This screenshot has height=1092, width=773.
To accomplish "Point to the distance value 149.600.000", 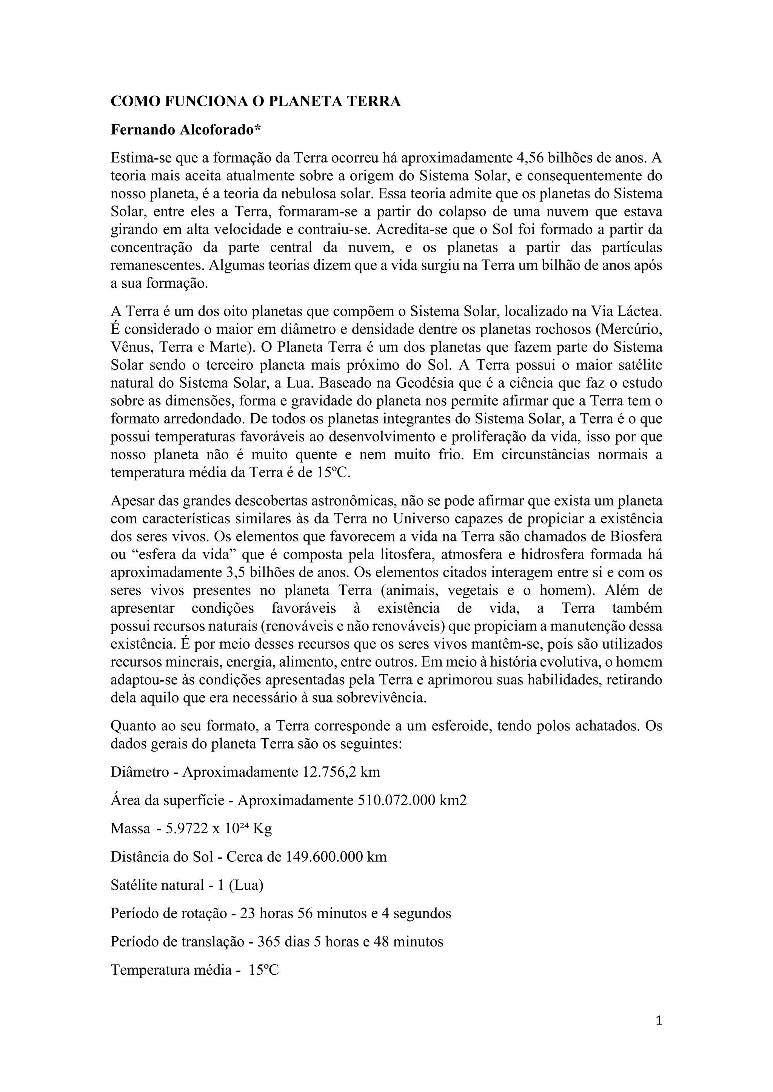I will click(324, 857).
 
